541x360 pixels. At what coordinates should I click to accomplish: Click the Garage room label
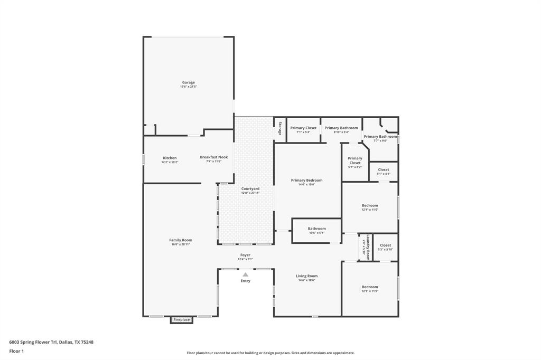click(189, 83)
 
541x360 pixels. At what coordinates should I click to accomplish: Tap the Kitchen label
click(170, 158)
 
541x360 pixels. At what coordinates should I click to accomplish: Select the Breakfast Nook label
click(213, 157)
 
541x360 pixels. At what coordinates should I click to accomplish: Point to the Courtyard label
click(250, 189)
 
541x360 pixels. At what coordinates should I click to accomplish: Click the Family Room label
click(180, 241)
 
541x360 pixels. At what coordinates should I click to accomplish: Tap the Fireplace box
click(182, 320)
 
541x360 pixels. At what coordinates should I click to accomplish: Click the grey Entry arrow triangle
click(245, 274)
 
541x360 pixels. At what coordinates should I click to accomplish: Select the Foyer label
click(245, 255)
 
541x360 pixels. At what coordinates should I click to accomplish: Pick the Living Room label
click(306, 276)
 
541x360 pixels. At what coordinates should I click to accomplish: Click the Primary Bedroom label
click(306, 181)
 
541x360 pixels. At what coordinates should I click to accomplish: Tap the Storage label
click(280, 129)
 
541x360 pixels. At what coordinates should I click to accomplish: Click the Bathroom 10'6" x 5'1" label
click(317, 229)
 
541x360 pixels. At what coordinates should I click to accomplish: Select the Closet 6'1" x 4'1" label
click(384, 170)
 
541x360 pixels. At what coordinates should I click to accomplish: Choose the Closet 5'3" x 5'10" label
click(386, 245)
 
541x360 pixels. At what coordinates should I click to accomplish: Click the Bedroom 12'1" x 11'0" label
click(370, 206)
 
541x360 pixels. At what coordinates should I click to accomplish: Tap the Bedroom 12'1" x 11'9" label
click(370, 288)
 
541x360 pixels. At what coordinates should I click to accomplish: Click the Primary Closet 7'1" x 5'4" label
click(303, 128)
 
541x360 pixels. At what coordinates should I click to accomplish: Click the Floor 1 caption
click(16, 351)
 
